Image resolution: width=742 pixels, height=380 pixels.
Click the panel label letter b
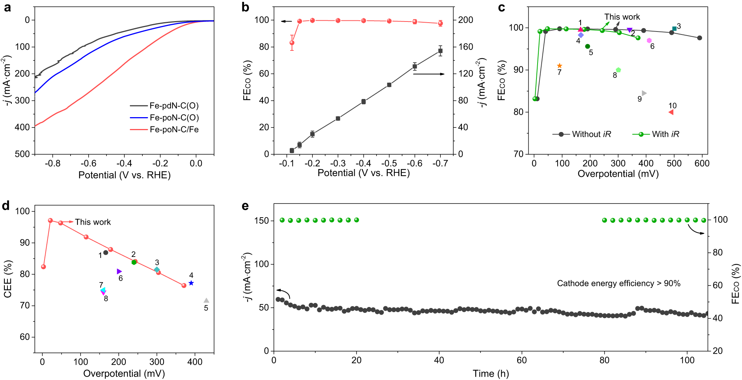[245, 7]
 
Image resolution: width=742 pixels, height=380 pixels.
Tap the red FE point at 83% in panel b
[292, 43]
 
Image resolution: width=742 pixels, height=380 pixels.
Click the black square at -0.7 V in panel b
[440, 51]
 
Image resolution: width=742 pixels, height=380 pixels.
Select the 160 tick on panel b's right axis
[466, 47]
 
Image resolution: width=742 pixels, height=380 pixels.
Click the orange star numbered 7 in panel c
[559, 66]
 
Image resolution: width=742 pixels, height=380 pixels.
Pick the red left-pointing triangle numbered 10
[671, 112]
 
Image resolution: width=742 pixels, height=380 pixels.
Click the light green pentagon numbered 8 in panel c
[618, 70]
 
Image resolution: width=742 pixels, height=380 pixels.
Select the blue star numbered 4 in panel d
[191, 283]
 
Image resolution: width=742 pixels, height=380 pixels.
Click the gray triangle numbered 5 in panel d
[206, 301]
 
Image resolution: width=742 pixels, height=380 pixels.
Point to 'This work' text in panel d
[93, 222]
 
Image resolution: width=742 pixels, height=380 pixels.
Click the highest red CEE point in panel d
[50, 221]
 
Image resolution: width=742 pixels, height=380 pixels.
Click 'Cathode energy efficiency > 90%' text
[618, 284]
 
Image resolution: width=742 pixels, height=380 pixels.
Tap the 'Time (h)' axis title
[490, 374]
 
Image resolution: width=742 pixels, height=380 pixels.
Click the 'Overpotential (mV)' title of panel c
[618, 174]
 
